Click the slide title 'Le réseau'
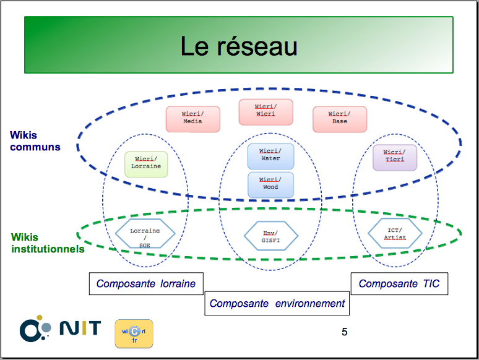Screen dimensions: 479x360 point(239,46)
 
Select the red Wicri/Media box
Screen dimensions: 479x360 point(192,119)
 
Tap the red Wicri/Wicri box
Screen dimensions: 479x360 point(265,112)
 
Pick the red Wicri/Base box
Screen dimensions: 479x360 point(340,119)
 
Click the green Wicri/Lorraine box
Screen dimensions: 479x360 point(146,165)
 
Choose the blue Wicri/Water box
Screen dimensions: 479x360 point(270,156)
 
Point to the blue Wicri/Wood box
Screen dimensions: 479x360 point(270,185)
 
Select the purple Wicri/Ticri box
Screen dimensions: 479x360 point(395,158)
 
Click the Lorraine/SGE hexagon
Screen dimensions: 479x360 point(145,234)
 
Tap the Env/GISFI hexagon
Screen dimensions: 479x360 point(270,236)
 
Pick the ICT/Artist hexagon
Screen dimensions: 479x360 point(395,234)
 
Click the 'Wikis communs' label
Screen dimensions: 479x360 point(35,141)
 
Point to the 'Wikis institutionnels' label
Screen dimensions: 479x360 point(48,243)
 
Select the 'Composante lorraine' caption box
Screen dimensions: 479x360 point(146,284)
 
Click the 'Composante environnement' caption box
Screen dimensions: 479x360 point(277,304)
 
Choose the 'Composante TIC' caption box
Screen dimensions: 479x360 point(399,284)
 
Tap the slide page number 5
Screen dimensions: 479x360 point(344,332)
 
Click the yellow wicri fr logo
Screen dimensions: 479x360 point(134,334)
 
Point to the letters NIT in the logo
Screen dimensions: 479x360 point(80,328)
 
